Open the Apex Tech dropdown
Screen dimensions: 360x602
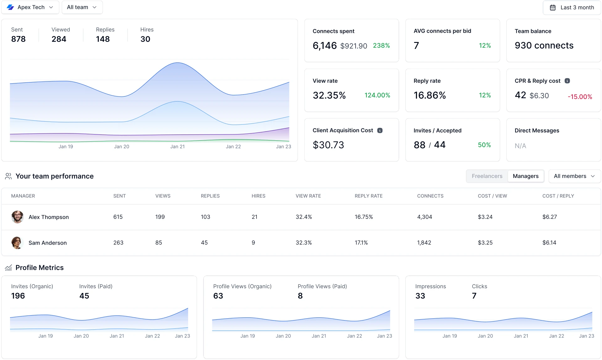30,7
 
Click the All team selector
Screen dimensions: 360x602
82,7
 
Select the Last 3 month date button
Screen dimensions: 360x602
572,8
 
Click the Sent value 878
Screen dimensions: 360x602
18,39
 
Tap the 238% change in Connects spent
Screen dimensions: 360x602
381,46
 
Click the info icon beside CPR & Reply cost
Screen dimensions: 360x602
567,81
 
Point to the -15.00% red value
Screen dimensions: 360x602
580,97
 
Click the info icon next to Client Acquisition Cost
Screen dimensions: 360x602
380,130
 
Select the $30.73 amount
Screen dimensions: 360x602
328,145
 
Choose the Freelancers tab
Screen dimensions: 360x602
487,176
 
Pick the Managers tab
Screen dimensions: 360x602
525,176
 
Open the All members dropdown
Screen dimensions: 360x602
574,176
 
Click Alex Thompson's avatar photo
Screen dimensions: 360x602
17,217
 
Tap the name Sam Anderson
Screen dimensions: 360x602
48,243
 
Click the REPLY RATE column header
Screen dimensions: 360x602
368,196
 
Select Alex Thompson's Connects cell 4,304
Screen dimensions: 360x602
425,217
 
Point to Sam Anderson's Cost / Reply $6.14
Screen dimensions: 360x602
549,243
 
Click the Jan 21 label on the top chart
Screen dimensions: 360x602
177,147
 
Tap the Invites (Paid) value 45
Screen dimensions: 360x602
84,296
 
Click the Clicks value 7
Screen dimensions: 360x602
474,296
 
